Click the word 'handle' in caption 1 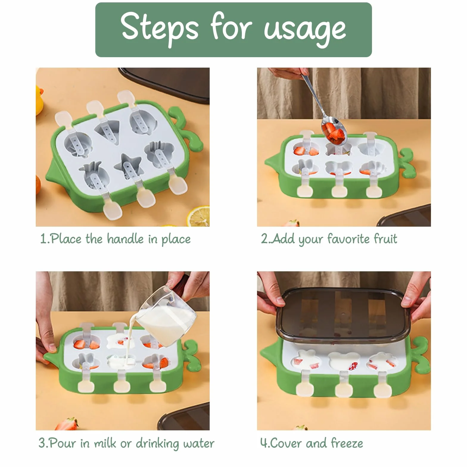pyautogui.click(x=125, y=239)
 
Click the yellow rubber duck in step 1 pyautogui.click(x=39, y=100)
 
